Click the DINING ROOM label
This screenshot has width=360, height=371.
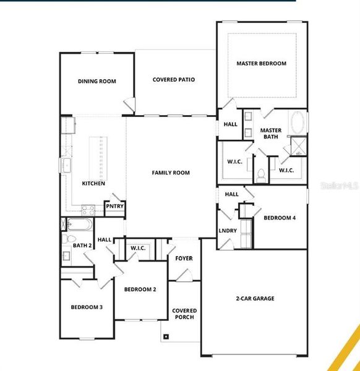tap(96, 81)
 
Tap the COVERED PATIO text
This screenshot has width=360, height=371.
tap(174, 80)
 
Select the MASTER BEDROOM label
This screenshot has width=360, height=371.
tap(261, 64)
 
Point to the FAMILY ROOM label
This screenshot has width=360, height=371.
tap(171, 173)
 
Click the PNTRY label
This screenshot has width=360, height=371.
tap(114, 207)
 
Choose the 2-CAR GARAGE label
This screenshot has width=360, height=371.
tap(254, 299)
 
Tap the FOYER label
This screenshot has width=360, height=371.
tap(184, 258)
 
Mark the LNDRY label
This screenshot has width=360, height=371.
tap(227, 231)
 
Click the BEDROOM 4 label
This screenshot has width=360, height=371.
tap(280, 218)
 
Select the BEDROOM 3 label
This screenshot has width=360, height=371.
tap(86, 307)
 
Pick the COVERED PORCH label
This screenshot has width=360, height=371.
tap(184, 314)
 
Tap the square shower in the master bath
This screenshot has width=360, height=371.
tap(299, 146)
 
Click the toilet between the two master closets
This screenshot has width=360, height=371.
tap(261, 174)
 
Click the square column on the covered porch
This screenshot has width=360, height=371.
tap(165, 337)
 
